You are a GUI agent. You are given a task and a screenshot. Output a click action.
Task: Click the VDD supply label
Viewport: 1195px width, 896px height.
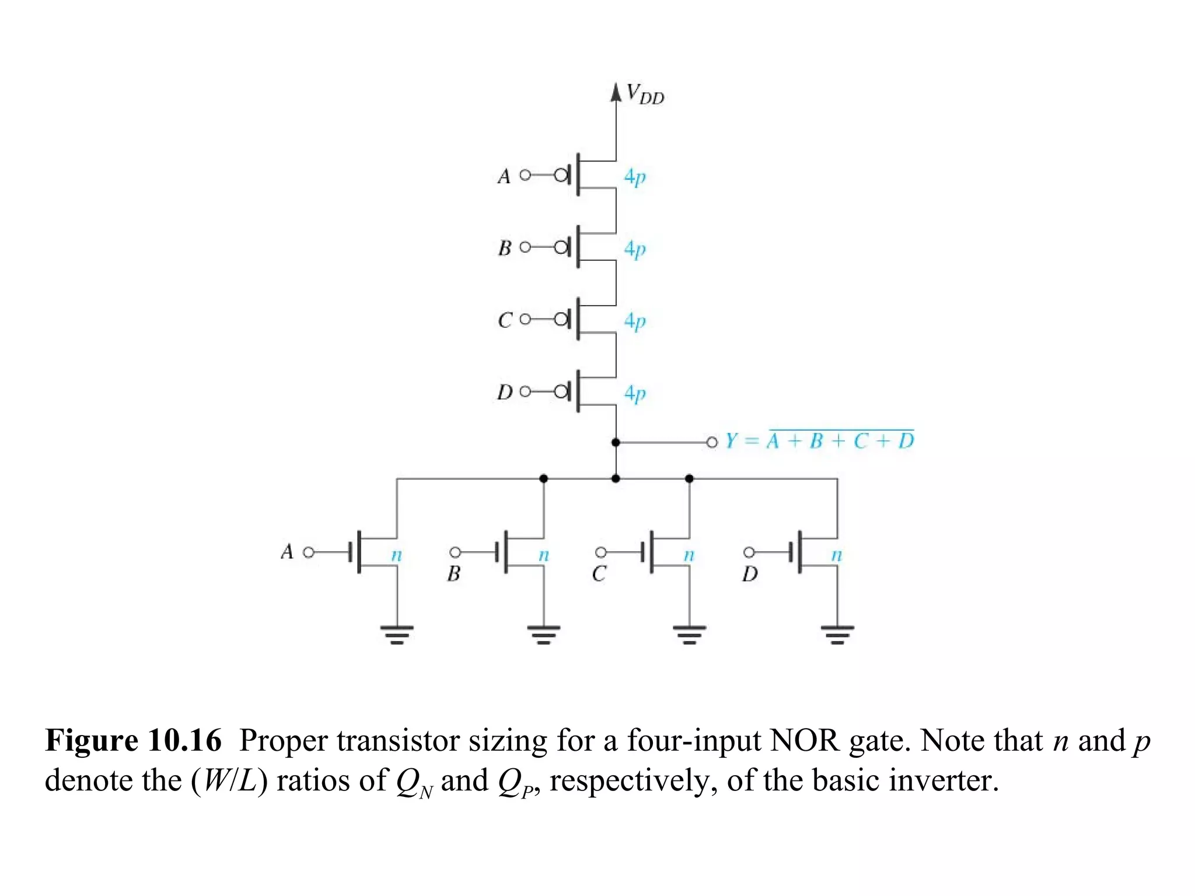[644, 94]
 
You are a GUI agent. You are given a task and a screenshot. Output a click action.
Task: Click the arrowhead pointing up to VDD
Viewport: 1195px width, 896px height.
[616, 92]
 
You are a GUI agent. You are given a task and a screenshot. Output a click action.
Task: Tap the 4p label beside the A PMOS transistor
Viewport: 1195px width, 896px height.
[635, 176]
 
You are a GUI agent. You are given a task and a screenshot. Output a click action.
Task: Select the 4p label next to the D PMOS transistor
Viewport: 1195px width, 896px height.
[635, 393]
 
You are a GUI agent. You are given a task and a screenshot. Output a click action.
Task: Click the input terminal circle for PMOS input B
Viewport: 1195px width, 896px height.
[525, 247]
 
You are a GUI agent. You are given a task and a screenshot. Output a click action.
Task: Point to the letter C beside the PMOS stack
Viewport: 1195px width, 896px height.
[505, 320]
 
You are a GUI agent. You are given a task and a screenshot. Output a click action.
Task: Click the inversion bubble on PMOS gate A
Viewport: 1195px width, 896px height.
[561, 175]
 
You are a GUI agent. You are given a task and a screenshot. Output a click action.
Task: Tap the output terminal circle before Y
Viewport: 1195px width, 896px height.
[711, 443]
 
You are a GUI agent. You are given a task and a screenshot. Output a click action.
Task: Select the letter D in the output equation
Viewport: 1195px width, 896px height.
[905, 441]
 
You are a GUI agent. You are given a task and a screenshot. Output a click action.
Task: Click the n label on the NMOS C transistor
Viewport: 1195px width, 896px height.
[689, 555]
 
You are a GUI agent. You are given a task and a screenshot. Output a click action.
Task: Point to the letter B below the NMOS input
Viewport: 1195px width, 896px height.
[453, 574]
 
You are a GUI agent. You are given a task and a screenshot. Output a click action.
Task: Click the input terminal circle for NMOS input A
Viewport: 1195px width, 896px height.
[309, 552]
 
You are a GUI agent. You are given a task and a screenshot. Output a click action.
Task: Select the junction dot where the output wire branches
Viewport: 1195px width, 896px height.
[616, 443]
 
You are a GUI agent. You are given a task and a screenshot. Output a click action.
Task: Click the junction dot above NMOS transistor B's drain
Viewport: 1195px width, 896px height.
[543, 479]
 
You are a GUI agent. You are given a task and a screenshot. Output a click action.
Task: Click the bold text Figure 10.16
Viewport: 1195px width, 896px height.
[134, 741]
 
